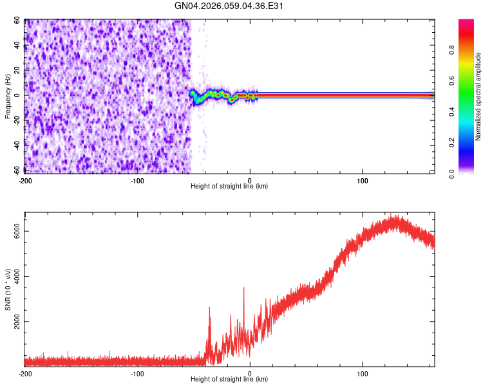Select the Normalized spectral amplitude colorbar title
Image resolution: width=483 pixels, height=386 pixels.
[478, 96]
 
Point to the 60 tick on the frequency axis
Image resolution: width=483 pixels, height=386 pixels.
[17, 21]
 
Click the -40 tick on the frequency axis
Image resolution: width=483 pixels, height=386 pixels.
[15, 145]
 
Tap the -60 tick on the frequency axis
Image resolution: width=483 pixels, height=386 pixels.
[15, 170]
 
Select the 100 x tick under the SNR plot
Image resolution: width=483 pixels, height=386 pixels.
[362, 373]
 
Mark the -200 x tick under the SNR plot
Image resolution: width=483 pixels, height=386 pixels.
[24, 373]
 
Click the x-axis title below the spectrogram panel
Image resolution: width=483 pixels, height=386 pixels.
[229, 186]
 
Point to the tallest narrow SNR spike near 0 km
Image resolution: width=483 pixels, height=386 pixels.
[243, 288]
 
